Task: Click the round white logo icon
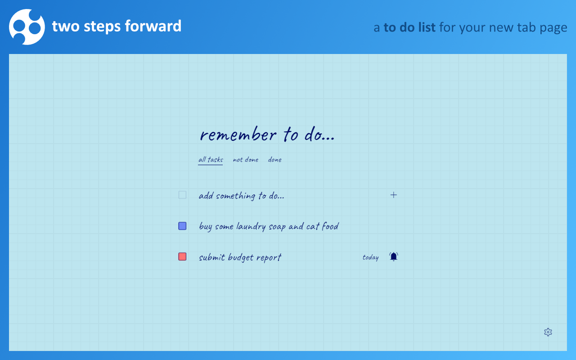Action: coord(27,27)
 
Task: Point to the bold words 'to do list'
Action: coord(409,27)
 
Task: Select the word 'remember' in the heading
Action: coord(238,135)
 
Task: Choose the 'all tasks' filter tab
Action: coord(211,160)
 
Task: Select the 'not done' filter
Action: coord(246,160)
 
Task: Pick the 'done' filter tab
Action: coord(275,160)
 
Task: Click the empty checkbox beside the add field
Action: coord(182,195)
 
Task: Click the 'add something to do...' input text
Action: coord(242,196)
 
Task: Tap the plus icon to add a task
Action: coord(394,195)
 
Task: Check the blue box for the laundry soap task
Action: coord(182,226)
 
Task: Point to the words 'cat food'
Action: coord(322,226)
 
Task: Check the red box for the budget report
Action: coord(182,256)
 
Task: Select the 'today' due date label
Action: coord(370,257)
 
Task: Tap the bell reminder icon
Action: coord(394,256)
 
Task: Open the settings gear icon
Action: coord(548,332)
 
